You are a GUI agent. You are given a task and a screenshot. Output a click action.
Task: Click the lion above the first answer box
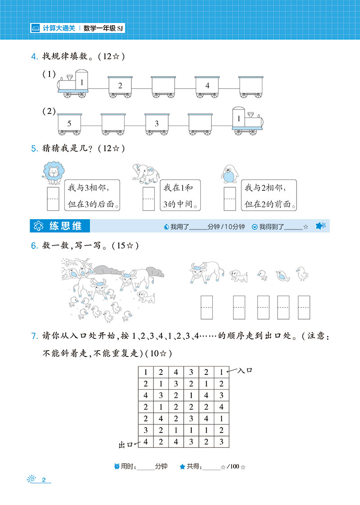pos(54,173)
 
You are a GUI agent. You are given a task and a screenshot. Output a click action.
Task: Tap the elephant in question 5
pos(146,174)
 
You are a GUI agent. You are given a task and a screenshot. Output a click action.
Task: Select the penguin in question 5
pos(229,174)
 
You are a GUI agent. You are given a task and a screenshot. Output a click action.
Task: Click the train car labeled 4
pos(207,87)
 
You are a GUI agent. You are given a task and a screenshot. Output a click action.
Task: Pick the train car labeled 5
pos(70,124)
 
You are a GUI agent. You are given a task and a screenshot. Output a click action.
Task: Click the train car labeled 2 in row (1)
pos(120,87)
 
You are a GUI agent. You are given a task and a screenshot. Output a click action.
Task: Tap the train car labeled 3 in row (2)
pos(157,124)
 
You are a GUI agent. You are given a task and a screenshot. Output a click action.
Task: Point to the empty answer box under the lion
pos(53,199)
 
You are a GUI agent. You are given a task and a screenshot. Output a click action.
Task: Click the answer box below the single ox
pos(207,307)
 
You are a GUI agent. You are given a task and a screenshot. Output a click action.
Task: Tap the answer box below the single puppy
pos(239,307)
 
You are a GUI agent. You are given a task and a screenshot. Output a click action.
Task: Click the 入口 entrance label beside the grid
pos(245,370)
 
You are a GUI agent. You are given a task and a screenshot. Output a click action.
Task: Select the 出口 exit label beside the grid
pos(126,445)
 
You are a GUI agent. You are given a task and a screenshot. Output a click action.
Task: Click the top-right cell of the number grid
pos(221,372)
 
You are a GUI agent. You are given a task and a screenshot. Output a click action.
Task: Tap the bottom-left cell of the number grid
pos(146,442)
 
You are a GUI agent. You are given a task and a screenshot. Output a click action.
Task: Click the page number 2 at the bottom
pos(44,480)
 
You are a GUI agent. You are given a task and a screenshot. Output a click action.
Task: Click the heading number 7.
pos(35,336)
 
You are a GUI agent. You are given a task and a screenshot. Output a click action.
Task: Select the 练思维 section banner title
pos(65,226)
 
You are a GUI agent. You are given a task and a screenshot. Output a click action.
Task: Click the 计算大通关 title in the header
pos(59,28)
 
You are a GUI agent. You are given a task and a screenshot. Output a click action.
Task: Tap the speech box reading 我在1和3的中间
pos(180,195)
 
